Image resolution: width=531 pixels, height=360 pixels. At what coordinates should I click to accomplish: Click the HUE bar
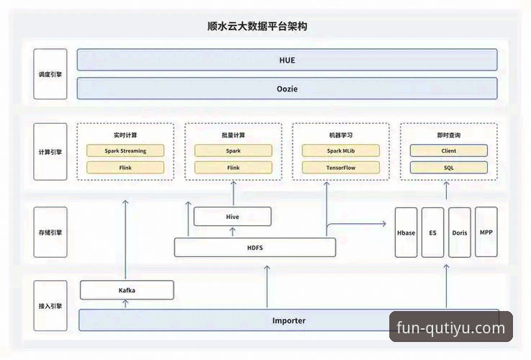point(286,60)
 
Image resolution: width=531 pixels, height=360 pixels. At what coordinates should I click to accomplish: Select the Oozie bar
point(286,89)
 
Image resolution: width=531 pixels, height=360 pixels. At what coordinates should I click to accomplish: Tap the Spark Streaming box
point(125,151)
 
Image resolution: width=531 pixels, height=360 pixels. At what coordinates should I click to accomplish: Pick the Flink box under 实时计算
point(125,168)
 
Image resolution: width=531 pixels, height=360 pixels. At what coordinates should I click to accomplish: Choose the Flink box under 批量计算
point(233,168)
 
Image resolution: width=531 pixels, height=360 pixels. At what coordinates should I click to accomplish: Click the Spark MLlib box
point(340,151)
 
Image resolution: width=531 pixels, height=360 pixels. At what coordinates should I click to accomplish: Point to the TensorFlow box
point(340,168)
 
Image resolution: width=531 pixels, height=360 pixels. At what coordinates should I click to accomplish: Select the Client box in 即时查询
point(448,151)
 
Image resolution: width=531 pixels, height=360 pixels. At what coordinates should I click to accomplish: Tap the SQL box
point(448,168)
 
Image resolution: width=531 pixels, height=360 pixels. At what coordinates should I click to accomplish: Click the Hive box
point(232,216)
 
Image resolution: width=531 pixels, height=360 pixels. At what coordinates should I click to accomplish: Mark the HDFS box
point(255,247)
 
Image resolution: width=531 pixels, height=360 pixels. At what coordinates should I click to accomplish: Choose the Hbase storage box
point(406,233)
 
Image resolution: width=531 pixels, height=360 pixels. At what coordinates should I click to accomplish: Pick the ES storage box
point(432,233)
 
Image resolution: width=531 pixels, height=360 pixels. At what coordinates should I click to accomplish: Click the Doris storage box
point(460,233)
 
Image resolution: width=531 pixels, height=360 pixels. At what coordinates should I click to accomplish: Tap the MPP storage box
point(486,233)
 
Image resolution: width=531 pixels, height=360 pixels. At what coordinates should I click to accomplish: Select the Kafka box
point(127,290)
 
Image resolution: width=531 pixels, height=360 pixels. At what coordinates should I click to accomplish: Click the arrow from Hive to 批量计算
point(232,194)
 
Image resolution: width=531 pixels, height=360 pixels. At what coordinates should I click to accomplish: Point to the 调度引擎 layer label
point(50,74)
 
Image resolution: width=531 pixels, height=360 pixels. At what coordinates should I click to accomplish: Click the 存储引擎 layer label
point(50,233)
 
